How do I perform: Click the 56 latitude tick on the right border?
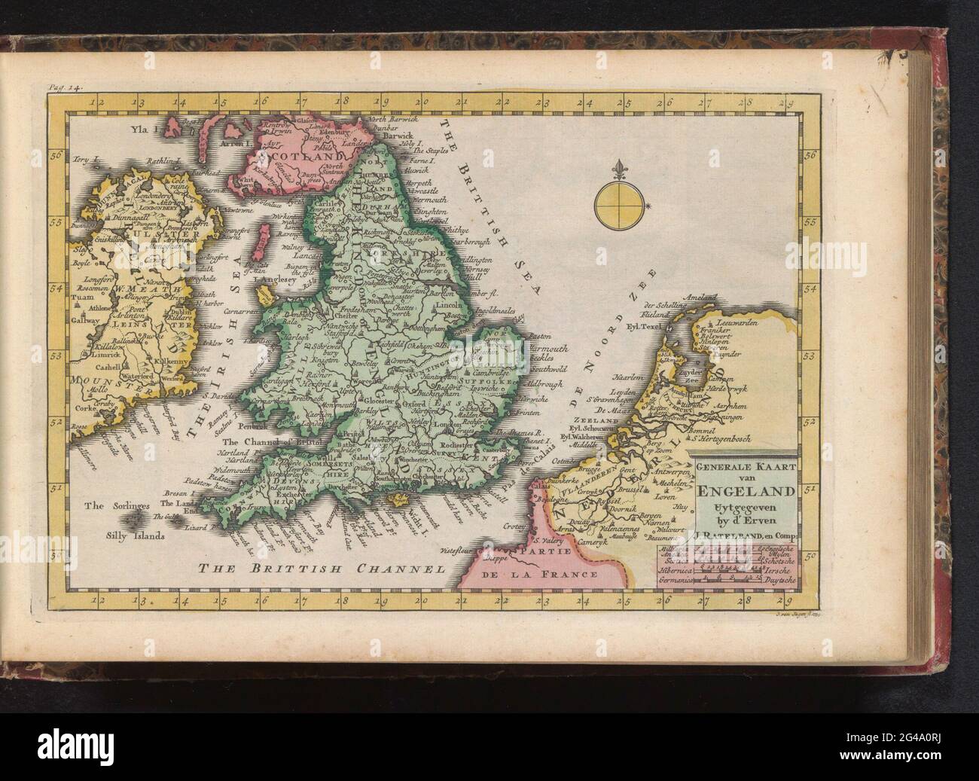click(x=810, y=157)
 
